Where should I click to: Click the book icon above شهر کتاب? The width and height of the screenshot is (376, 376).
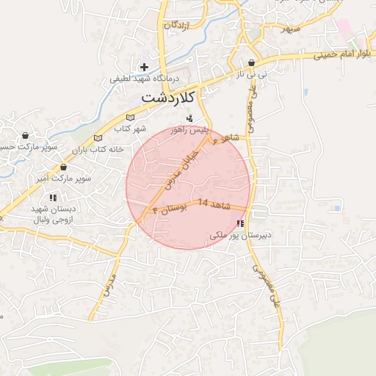pyautogui.click(x=131, y=117)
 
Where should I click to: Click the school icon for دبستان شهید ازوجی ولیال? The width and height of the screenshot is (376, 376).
pyautogui.click(x=52, y=198)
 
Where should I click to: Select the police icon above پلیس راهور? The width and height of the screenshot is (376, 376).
pyautogui.click(x=189, y=118)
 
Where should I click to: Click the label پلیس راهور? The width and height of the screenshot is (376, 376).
pyautogui.click(x=190, y=129)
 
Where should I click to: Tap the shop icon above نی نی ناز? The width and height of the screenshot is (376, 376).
pyautogui.click(x=252, y=63)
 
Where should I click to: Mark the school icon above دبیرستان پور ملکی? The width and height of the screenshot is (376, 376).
pyautogui.click(x=240, y=223)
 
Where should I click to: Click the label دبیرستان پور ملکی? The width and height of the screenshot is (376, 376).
pyautogui.click(x=240, y=236)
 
